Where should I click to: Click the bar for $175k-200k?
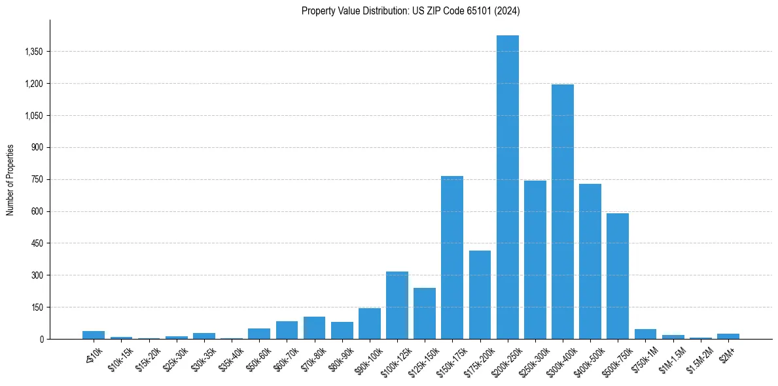(480, 295)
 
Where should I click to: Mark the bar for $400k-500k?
(590, 262)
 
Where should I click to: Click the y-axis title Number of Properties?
(10, 179)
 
